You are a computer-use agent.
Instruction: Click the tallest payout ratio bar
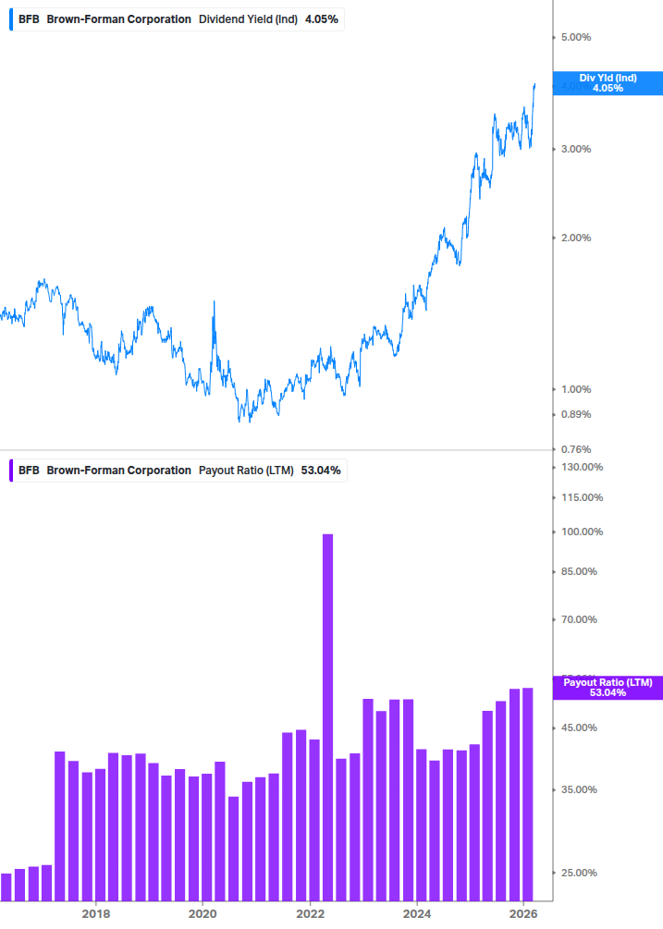327,716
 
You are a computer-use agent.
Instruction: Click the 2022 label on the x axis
310,913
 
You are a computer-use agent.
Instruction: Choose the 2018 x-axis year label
95,913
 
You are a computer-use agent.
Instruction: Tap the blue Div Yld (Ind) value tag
608,83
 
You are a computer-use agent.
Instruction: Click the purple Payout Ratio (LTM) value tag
608,687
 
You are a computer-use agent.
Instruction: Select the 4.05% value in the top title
322,18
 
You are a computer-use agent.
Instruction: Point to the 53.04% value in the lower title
321,470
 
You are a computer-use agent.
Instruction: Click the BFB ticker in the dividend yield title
29,18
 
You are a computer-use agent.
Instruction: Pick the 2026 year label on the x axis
523,913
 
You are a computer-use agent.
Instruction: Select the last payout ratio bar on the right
528,794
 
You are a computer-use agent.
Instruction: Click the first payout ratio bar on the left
6,886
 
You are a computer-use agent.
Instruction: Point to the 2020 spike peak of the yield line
215,302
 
